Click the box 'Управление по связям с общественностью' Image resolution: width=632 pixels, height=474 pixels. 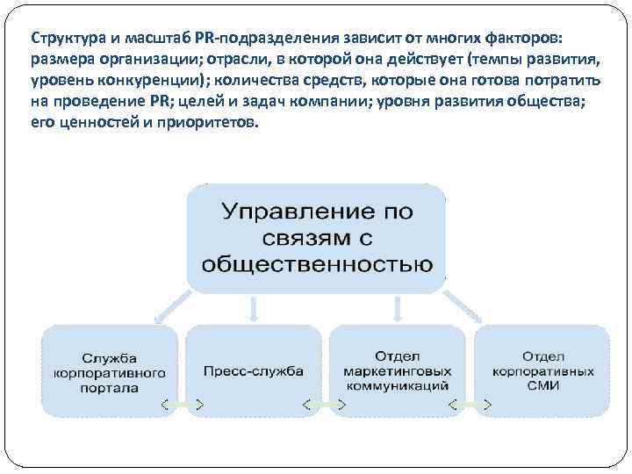tap(316, 238)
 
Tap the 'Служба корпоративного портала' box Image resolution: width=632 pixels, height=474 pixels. tap(111, 371)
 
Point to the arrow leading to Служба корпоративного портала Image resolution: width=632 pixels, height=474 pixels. tap(167, 307)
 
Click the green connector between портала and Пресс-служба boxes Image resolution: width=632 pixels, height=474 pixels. tap(183, 405)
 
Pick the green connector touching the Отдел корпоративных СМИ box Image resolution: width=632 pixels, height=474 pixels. tap(470, 405)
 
